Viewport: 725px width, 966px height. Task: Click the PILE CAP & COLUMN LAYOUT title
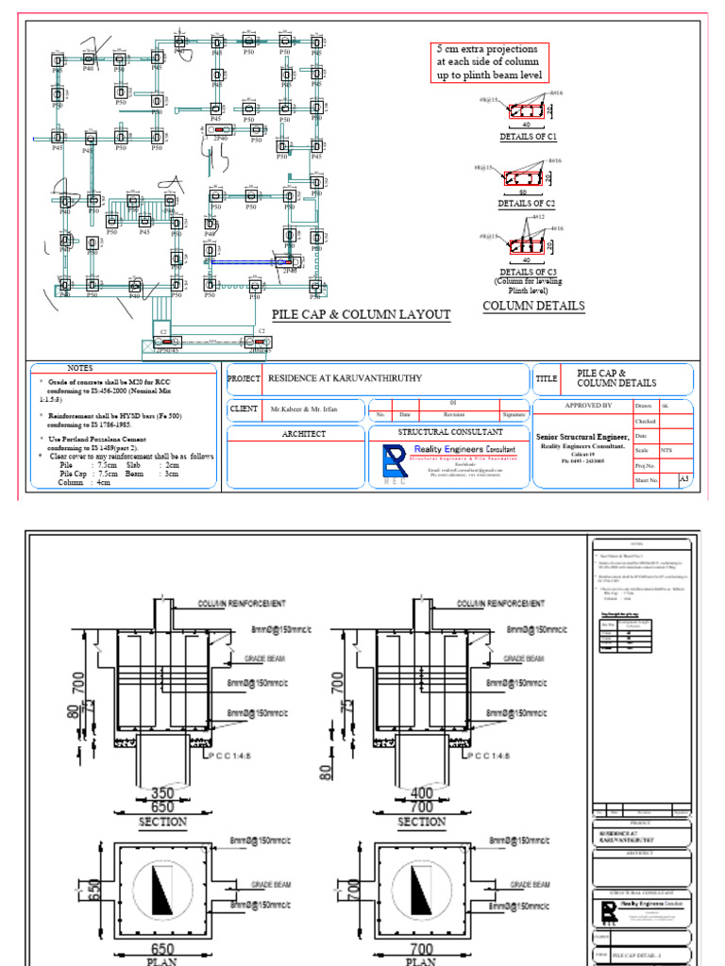click(361, 315)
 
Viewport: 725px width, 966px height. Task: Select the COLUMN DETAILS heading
click(533, 306)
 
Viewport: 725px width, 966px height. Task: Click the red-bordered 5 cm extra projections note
click(487, 62)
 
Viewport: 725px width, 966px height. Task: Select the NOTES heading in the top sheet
click(80, 368)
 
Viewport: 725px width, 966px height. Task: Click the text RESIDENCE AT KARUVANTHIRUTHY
click(346, 378)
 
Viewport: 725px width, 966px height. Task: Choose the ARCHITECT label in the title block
click(305, 434)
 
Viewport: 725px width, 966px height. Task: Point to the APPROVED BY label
click(588, 405)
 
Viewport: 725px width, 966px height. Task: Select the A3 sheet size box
click(685, 480)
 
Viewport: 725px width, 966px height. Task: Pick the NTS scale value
click(666, 451)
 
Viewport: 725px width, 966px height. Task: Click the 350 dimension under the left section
click(162, 792)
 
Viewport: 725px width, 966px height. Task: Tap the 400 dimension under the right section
click(421, 792)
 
